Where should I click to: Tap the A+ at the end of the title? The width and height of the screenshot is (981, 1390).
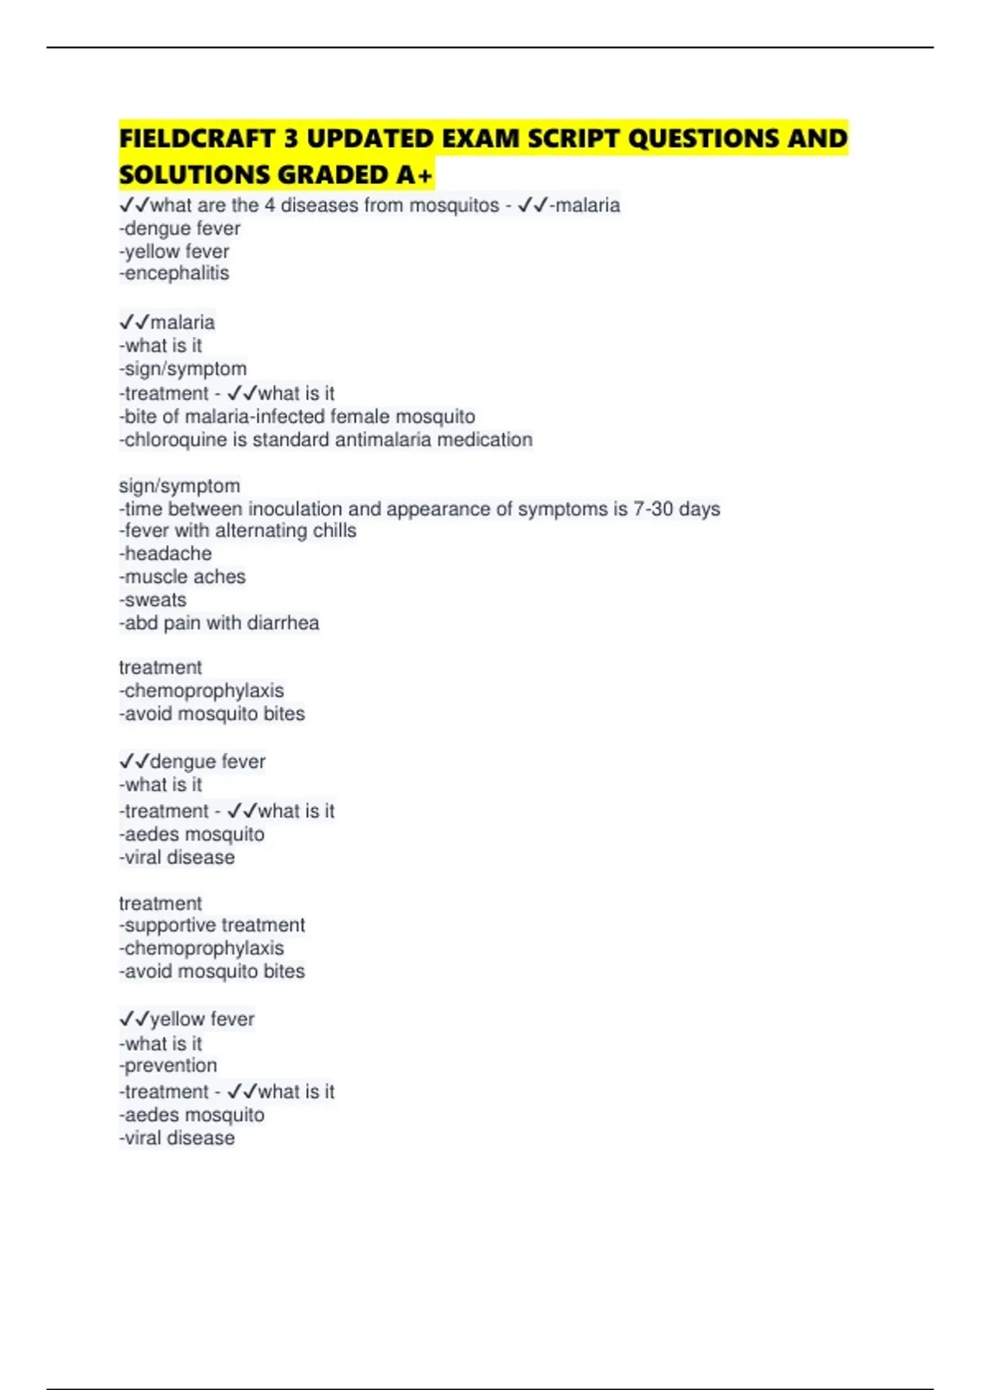(x=416, y=175)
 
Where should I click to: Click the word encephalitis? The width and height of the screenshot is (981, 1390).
(x=177, y=273)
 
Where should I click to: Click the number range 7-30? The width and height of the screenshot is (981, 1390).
(x=653, y=509)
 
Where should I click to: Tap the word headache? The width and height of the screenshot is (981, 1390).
(x=168, y=554)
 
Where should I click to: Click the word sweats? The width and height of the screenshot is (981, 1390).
(x=155, y=600)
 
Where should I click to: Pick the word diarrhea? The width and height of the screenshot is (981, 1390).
(x=283, y=623)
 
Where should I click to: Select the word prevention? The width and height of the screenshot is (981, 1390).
(x=171, y=1066)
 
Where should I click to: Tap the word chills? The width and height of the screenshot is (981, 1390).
(x=334, y=531)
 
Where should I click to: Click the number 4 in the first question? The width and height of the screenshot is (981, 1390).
(x=270, y=205)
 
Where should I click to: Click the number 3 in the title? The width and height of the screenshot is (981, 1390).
(x=291, y=139)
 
